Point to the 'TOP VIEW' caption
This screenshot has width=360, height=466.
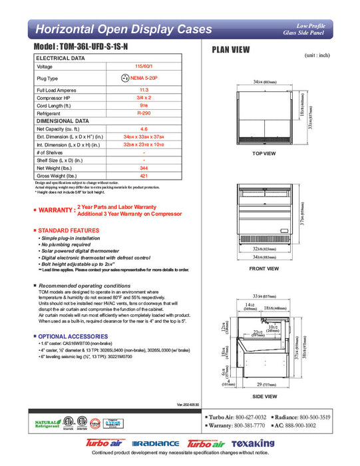pos(264,154)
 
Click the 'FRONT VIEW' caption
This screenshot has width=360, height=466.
pos(264,269)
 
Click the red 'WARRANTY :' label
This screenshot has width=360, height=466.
pos(57,210)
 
